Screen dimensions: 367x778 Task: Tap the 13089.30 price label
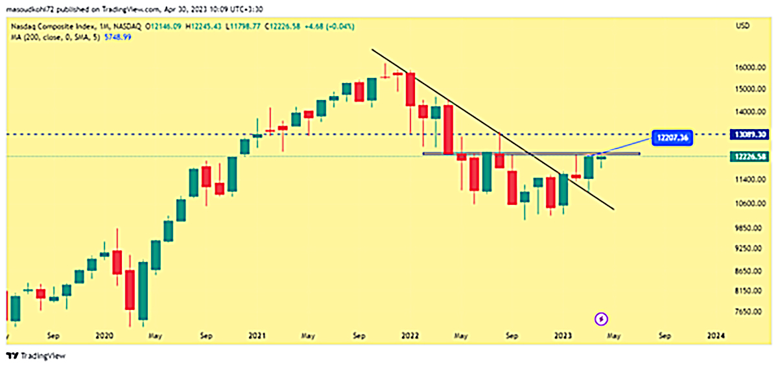[x=751, y=134]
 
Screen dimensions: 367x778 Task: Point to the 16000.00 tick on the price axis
[x=751, y=67]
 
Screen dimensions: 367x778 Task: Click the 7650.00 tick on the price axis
[x=751, y=312]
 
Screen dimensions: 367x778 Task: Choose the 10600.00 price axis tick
[x=751, y=204]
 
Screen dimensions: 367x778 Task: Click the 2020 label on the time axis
[x=104, y=336]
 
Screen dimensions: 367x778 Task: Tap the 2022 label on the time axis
[x=410, y=336]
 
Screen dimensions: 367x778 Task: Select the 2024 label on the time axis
[x=715, y=336]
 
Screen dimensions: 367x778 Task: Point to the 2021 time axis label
[x=257, y=336]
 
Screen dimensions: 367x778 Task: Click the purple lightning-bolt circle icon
[x=602, y=318]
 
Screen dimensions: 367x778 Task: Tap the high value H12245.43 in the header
[x=205, y=26]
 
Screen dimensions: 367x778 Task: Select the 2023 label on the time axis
[x=563, y=336]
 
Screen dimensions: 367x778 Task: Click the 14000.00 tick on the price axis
[x=751, y=112]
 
